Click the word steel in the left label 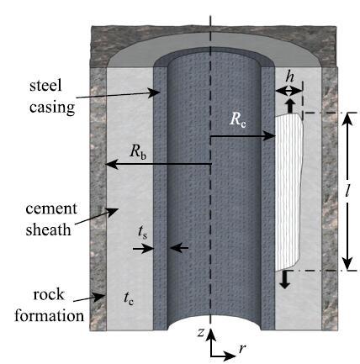(x=45, y=85)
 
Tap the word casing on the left (x=52, y=108)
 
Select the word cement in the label (x=51, y=208)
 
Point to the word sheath (x=48, y=229)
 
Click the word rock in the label (x=49, y=294)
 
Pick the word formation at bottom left (x=50, y=315)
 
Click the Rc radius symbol (x=238, y=119)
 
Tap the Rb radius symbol (x=138, y=152)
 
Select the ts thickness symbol (x=142, y=233)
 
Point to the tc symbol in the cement (x=129, y=298)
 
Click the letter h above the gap (x=289, y=76)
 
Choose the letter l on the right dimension (x=347, y=191)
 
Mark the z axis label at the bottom (x=201, y=332)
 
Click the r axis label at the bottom (x=242, y=348)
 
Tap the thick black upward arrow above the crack (x=290, y=104)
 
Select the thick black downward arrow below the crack (x=285, y=280)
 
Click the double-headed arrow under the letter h (x=289, y=91)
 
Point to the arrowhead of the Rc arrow (x=271, y=136)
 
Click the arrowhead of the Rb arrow (x=111, y=164)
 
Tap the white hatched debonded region (x=289, y=192)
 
